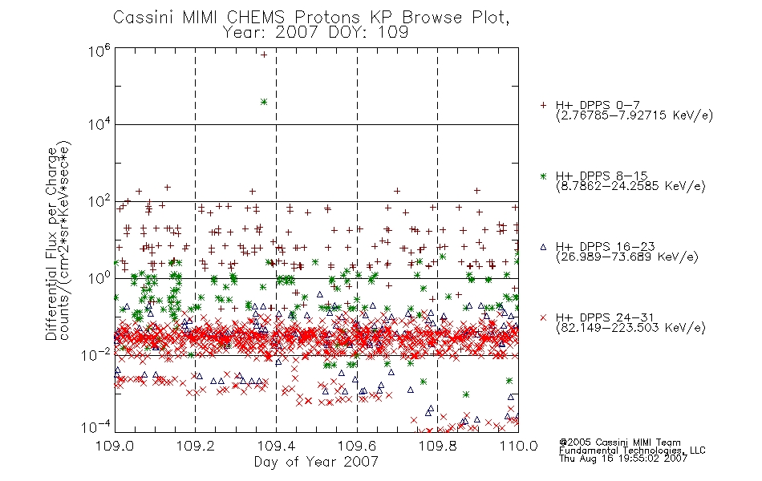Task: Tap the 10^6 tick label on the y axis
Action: point(99,51)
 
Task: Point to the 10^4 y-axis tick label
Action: point(99,125)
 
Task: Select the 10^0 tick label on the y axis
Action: point(99,278)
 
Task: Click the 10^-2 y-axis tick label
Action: point(96,355)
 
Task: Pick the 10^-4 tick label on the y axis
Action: point(96,427)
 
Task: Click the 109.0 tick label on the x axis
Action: point(115,446)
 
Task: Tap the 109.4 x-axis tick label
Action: point(277,446)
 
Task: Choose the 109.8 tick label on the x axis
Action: point(437,446)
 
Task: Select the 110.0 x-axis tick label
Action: point(518,446)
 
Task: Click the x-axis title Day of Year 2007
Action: point(316,462)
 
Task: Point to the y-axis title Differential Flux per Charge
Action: point(51,244)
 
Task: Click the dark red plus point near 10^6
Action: point(264,55)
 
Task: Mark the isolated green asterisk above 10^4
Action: point(264,102)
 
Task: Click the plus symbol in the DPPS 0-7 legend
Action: point(543,105)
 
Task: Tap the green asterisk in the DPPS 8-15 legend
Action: point(543,176)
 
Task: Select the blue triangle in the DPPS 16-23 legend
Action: point(543,247)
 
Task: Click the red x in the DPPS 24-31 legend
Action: point(543,317)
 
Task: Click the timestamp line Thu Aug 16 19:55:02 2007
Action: point(623,458)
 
